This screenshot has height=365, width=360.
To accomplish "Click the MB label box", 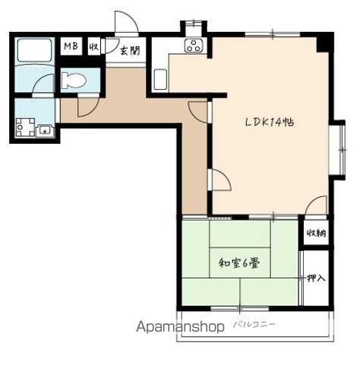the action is coord(71,46).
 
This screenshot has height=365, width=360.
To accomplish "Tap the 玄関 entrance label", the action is coord(129,50).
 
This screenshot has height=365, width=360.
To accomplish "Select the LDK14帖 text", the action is coord(270,122).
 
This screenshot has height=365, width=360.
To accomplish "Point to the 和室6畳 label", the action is coord(239,263).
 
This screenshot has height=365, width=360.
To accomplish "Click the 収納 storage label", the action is coord(316,233).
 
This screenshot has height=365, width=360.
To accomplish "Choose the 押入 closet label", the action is coord(316,278).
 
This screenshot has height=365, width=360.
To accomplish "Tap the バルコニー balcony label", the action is coord(254,325).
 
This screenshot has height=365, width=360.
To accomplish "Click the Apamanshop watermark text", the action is coord(180,327).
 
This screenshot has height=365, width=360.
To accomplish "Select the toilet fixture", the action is coord(74,80).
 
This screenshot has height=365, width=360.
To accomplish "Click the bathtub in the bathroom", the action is coord(34,50).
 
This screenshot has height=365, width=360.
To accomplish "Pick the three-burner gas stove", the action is coord(194,46).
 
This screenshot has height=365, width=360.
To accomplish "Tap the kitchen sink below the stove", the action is coord(160,79).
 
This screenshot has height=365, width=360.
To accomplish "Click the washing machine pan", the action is coord(25,127).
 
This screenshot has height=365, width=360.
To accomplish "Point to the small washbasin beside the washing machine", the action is coord(45,131).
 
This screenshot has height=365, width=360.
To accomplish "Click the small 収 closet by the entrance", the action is coord(93,46).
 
